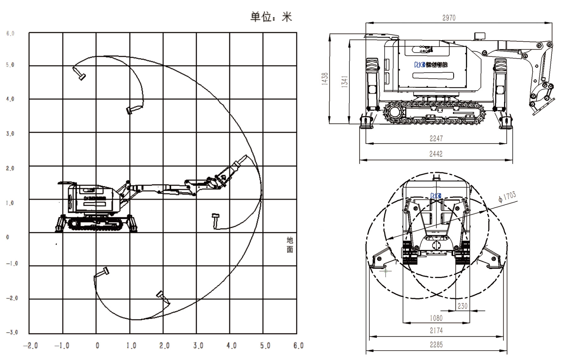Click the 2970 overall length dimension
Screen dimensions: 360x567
449,18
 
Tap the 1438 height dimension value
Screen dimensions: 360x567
325,79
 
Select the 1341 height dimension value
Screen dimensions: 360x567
345,81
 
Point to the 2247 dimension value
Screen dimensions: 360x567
436,139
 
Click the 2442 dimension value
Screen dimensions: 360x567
436,154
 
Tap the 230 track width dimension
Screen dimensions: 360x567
462,306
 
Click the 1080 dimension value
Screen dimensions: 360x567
436,319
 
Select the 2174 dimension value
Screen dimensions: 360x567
436,330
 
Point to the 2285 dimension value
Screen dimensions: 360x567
436,345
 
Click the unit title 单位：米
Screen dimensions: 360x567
271,17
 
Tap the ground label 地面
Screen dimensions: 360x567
289,245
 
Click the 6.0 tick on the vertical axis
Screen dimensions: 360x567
10,34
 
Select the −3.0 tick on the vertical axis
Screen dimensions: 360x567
12,332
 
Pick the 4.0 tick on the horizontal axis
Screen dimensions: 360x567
231,346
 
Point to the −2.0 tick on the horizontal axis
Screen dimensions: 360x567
30,346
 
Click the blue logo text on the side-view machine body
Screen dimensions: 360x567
431,65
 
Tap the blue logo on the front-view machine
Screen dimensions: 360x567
436,196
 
